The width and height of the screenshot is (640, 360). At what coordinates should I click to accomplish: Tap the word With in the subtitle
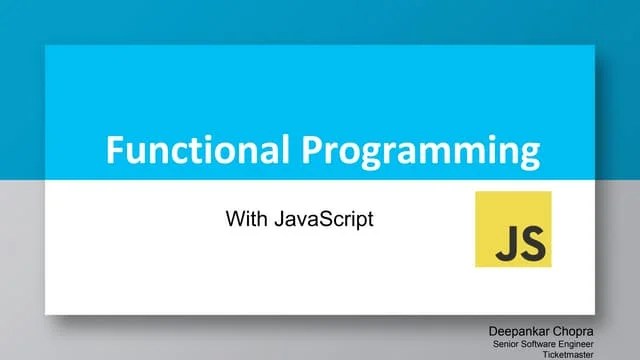coord(245,218)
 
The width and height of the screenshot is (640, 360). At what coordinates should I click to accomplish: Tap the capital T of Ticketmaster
coord(543,354)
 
